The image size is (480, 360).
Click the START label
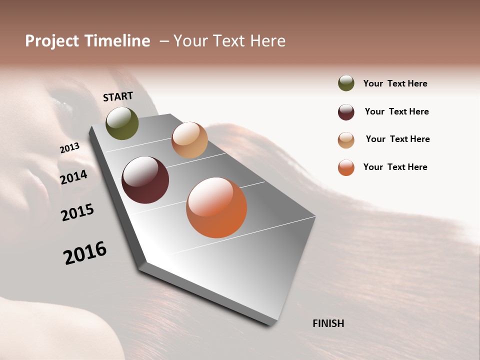(118, 96)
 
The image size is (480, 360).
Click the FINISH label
(328, 323)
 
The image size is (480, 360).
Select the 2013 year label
(69, 148)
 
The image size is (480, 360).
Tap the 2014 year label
(73, 177)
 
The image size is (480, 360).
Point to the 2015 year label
(77, 212)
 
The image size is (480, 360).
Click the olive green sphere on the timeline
(122, 123)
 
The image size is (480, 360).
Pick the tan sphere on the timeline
(189, 140)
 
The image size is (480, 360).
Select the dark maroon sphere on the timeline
(145, 180)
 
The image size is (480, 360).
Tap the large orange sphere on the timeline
(216, 207)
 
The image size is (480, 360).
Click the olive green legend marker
(346, 83)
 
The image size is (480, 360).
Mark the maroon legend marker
(346, 112)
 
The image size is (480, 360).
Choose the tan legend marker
(346, 140)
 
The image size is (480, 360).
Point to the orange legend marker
(346, 167)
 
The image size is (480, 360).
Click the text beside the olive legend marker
(395, 83)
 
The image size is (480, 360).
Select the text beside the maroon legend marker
(396, 111)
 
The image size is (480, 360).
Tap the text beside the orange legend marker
(395, 167)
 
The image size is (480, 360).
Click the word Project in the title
(52, 41)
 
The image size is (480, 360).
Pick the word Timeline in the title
(117, 41)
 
